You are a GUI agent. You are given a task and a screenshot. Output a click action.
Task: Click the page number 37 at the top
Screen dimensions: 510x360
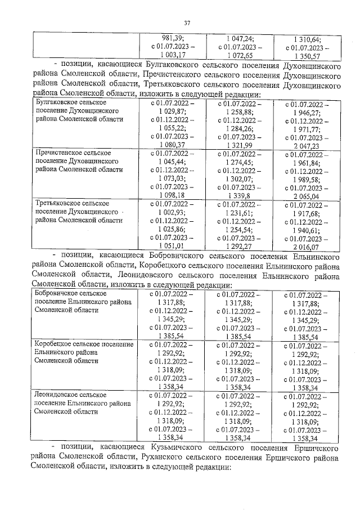[x=187, y=23]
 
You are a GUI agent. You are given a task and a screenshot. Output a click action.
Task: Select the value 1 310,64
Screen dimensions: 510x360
[x=308, y=39]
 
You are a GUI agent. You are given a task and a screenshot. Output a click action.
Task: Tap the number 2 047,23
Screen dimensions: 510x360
[x=308, y=145]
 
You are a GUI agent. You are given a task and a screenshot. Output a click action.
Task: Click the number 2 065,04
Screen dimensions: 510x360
[x=308, y=196]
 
